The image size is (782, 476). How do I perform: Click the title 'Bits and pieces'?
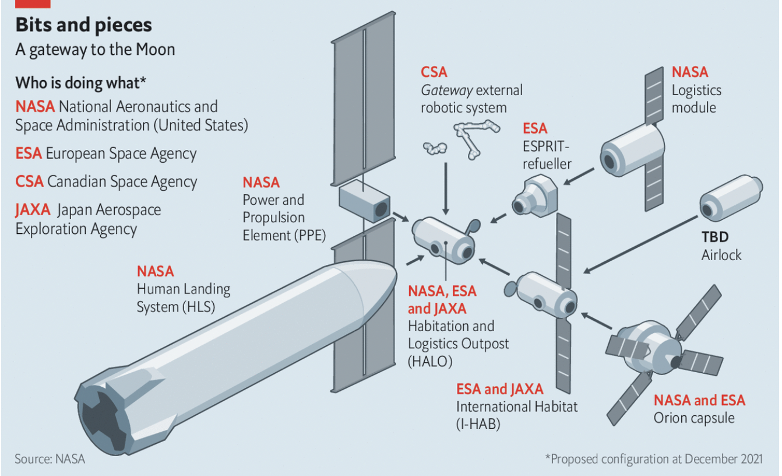pos(83,25)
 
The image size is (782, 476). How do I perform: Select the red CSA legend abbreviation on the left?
pos(29,181)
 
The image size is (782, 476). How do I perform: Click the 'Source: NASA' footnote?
pos(50,459)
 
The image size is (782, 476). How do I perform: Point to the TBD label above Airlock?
pos(715,237)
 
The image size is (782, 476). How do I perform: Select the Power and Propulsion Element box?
pos(364,202)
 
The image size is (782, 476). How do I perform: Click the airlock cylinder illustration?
pos(731,199)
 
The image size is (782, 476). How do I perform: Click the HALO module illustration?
pos(443,240)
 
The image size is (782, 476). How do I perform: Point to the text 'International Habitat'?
pos(516,406)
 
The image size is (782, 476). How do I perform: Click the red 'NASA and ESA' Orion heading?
pos(699,400)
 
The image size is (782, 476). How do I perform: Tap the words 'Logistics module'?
pos(696,99)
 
